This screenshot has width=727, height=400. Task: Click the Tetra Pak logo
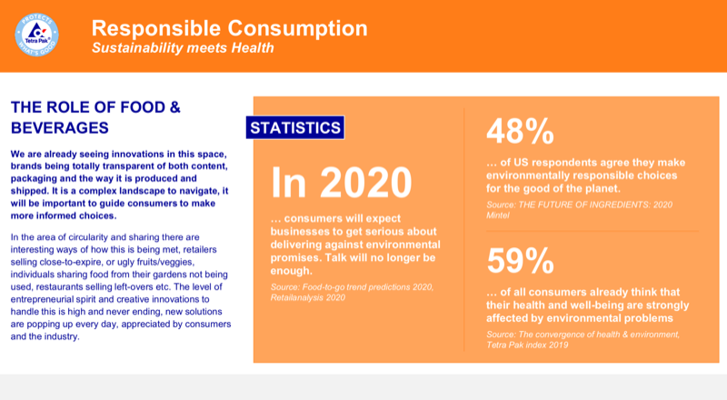[x=38, y=35]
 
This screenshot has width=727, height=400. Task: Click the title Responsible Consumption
[x=230, y=27]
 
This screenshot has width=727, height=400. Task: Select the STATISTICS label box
[x=295, y=128]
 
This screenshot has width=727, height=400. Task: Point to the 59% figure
[x=521, y=261]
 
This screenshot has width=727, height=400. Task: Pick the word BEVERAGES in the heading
[x=60, y=126]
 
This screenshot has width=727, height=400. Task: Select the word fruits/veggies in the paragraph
[x=187, y=263]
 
